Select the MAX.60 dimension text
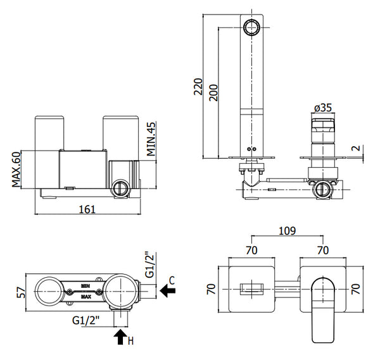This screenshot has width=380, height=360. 18,169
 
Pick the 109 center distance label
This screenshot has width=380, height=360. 286,232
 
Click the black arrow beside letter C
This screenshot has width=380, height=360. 168,291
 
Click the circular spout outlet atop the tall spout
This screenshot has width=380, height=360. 251,27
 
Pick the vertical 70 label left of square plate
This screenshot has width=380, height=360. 212,290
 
